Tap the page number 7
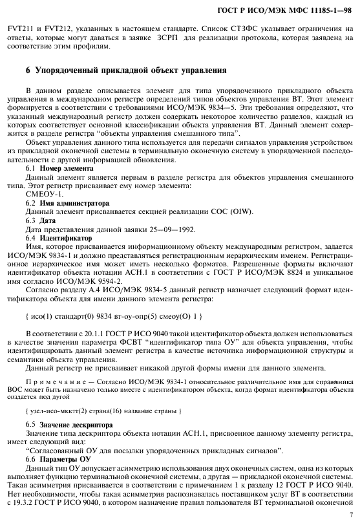pyautogui.click(x=350, y=515)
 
